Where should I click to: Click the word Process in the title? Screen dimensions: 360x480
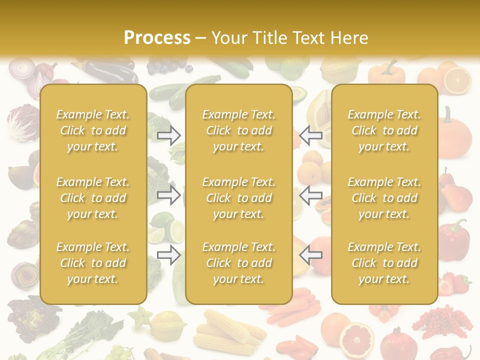[x=157, y=38]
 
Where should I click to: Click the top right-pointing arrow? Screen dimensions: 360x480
[x=169, y=135]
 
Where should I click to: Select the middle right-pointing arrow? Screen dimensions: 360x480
[x=169, y=195]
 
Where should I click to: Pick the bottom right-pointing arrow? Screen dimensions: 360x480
[x=169, y=255]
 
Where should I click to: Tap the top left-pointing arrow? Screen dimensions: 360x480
[x=310, y=135]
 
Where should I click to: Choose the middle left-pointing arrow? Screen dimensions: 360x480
[x=310, y=195]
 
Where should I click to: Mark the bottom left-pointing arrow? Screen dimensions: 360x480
[x=310, y=255]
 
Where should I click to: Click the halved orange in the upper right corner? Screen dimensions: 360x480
[x=457, y=80]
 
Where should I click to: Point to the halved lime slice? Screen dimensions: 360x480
[x=176, y=231]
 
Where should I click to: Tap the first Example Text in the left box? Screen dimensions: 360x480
[x=93, y=114]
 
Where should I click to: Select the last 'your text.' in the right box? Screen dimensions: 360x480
[x=384, y=279]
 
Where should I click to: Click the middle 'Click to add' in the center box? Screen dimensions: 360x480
[x=238, y=198]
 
